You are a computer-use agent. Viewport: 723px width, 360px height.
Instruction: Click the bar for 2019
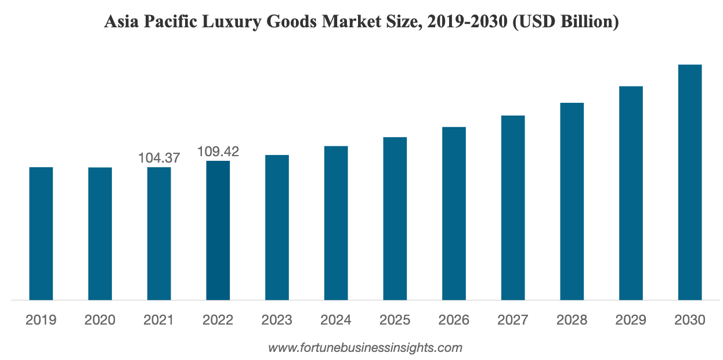[41, 233]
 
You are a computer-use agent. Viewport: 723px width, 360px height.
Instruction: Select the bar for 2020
[100, 233]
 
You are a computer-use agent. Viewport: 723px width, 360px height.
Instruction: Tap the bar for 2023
[277, 227]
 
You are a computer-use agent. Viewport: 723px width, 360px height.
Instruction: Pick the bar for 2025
[395, 218]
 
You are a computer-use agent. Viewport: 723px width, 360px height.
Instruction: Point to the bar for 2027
[513, 207]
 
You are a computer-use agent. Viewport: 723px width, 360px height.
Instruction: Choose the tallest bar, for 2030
[690, 182]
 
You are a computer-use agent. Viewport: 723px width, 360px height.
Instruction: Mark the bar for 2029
[631, 193]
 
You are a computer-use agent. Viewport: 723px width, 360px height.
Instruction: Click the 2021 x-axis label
[159, 320]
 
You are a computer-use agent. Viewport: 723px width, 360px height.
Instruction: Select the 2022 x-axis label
[218, 320]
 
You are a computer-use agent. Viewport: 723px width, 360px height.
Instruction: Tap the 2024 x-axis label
[336, 320]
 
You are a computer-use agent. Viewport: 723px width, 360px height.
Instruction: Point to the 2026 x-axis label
[454, 320]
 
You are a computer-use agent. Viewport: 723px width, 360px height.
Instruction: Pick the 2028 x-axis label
[572, 320]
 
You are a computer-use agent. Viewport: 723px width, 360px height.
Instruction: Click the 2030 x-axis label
[690, 320]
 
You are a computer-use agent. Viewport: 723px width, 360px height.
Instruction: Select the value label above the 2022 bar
[218, 153]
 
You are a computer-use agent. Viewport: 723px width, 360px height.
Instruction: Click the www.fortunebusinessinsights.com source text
[365, 348]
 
